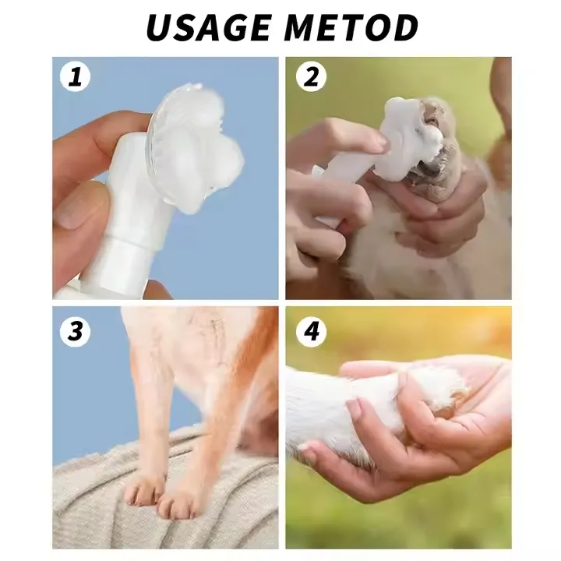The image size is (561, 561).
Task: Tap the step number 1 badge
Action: click(76, 77)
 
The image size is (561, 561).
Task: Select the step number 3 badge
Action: click(76, 331)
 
